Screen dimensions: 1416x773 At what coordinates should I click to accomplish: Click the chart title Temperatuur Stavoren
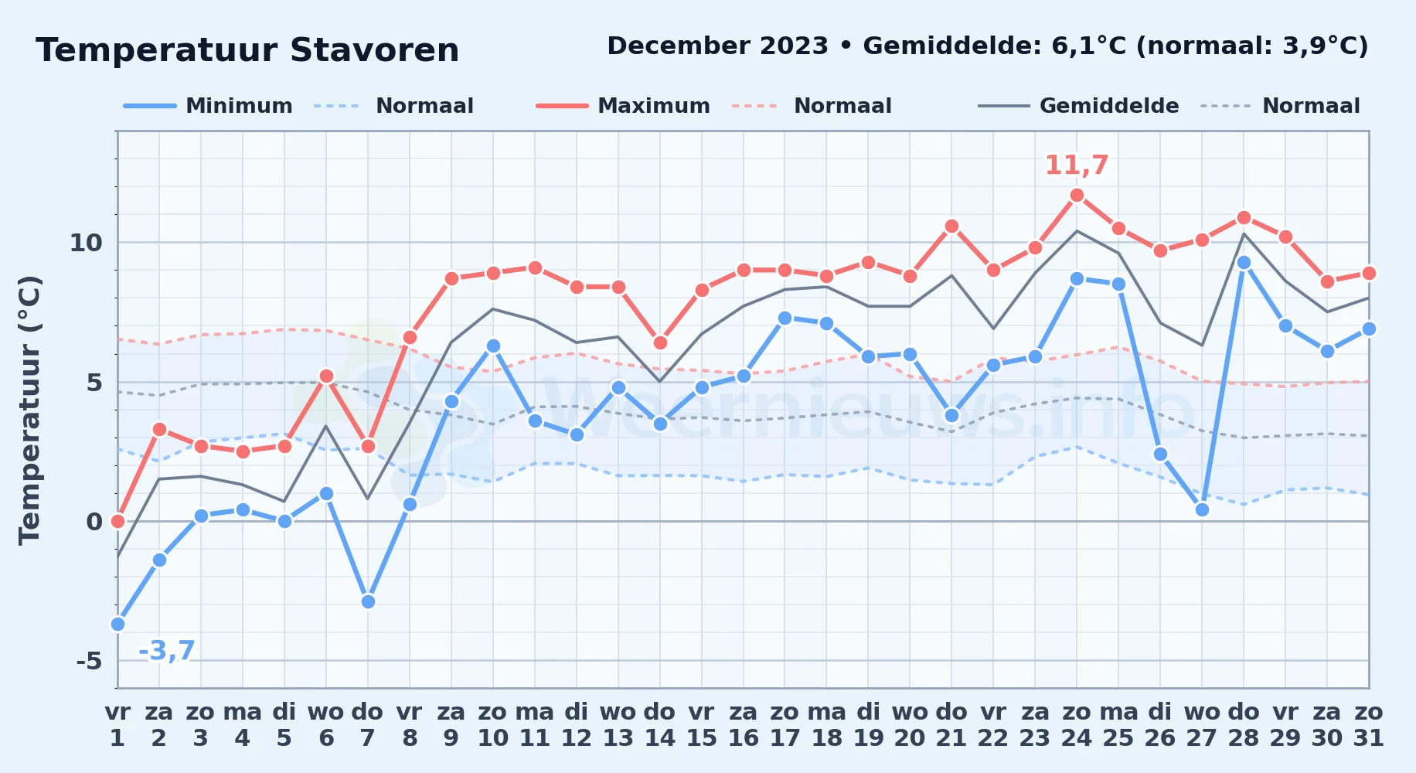247,50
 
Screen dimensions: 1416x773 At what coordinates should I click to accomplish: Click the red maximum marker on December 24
1077,195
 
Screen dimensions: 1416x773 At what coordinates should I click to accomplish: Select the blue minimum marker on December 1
117,624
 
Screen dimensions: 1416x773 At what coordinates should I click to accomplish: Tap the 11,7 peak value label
1077,165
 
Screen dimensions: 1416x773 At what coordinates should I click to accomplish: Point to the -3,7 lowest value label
167,651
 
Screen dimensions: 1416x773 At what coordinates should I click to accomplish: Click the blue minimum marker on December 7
368,601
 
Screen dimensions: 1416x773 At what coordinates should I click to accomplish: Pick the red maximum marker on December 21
951,226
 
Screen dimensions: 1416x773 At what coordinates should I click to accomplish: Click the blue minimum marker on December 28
1244,262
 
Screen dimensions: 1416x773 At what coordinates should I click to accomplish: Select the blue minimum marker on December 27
1202,509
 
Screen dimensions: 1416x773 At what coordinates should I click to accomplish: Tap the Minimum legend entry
208,106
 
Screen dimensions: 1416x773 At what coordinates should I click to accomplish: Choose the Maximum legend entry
623,106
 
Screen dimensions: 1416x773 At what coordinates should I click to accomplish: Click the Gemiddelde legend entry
1078,106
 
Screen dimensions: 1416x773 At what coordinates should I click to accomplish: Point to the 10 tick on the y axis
86,243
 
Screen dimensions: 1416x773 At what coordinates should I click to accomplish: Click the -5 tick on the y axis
89,661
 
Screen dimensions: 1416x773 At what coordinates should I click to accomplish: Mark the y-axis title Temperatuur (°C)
29,410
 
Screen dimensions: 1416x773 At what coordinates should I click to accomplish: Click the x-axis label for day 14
660,725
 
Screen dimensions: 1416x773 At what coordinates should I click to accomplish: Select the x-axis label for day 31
1369,725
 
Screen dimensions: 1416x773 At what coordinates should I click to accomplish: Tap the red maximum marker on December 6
326,376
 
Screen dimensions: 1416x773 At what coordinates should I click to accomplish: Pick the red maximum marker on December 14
660,342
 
